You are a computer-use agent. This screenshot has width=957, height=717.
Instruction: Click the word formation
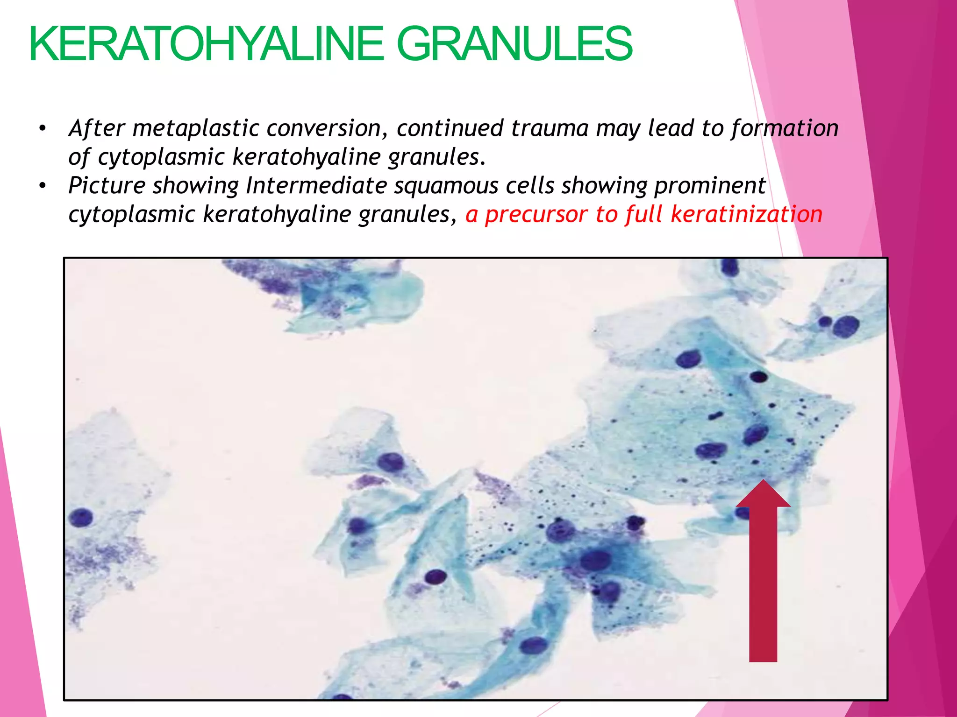pos(785,128)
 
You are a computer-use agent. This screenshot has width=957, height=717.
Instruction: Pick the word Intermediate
pos(316,186)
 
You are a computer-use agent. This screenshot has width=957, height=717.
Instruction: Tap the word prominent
pos(710,186)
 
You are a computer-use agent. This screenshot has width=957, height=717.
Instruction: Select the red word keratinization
pos(746,215)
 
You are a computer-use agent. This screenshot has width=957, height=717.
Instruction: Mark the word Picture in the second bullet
pos(107,186)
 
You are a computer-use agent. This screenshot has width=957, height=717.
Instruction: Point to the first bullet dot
pos(43,128)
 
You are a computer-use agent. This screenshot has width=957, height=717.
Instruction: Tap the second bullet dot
pos(43,186)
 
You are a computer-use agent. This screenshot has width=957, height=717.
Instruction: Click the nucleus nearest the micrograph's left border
pos(81,518)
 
